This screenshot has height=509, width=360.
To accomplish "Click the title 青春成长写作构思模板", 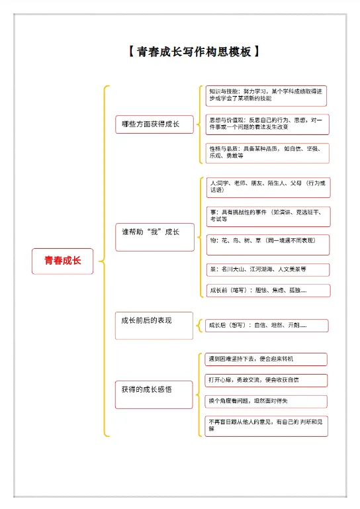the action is coord(191,52).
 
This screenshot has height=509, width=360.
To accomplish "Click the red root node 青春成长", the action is coord(63,261).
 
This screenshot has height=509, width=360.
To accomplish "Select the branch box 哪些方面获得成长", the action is coord(154,124).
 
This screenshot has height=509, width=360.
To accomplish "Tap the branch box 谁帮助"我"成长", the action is coord(154,232).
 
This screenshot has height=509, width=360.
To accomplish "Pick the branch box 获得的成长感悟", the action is coord(154,389).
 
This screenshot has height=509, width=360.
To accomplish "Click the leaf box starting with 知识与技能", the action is coord(267,95).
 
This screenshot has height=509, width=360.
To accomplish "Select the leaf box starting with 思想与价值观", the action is coord(267,124).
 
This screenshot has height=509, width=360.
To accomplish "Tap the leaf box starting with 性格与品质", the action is coord(267,152).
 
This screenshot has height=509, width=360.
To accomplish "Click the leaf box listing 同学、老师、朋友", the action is coord(267,187).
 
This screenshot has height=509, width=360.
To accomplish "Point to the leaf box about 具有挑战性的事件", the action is coord(267,216).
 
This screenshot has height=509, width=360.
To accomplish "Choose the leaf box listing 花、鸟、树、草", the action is coord(267,244).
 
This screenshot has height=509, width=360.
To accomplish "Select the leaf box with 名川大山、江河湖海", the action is coord(267,269).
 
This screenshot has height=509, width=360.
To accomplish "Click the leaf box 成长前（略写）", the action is coord(267,291).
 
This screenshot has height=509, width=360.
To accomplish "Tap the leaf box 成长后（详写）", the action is coord(267,325).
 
